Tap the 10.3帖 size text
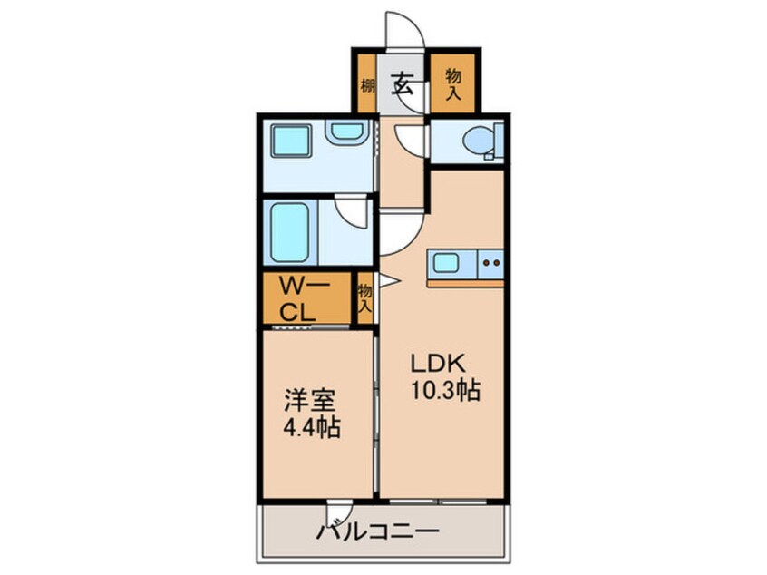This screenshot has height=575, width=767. click(445, 390)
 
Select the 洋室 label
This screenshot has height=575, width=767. click(310, 401)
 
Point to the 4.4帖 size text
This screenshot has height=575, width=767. click(312, 427)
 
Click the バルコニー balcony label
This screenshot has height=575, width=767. click(376, 531)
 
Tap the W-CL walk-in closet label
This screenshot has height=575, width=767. click(297, 298)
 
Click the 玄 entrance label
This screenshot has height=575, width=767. click(402, 83)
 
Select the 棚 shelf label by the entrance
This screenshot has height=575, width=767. click(367, 86)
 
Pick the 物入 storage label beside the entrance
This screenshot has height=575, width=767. click(453, 84)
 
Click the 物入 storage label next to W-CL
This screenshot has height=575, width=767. click(365, 298)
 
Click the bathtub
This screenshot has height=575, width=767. click(289, 233)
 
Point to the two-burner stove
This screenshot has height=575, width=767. click(491, 263)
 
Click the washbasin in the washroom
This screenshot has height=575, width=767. click(346, 132)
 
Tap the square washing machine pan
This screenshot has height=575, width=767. click(291, 141)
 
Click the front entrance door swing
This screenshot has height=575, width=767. click(405, 30)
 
